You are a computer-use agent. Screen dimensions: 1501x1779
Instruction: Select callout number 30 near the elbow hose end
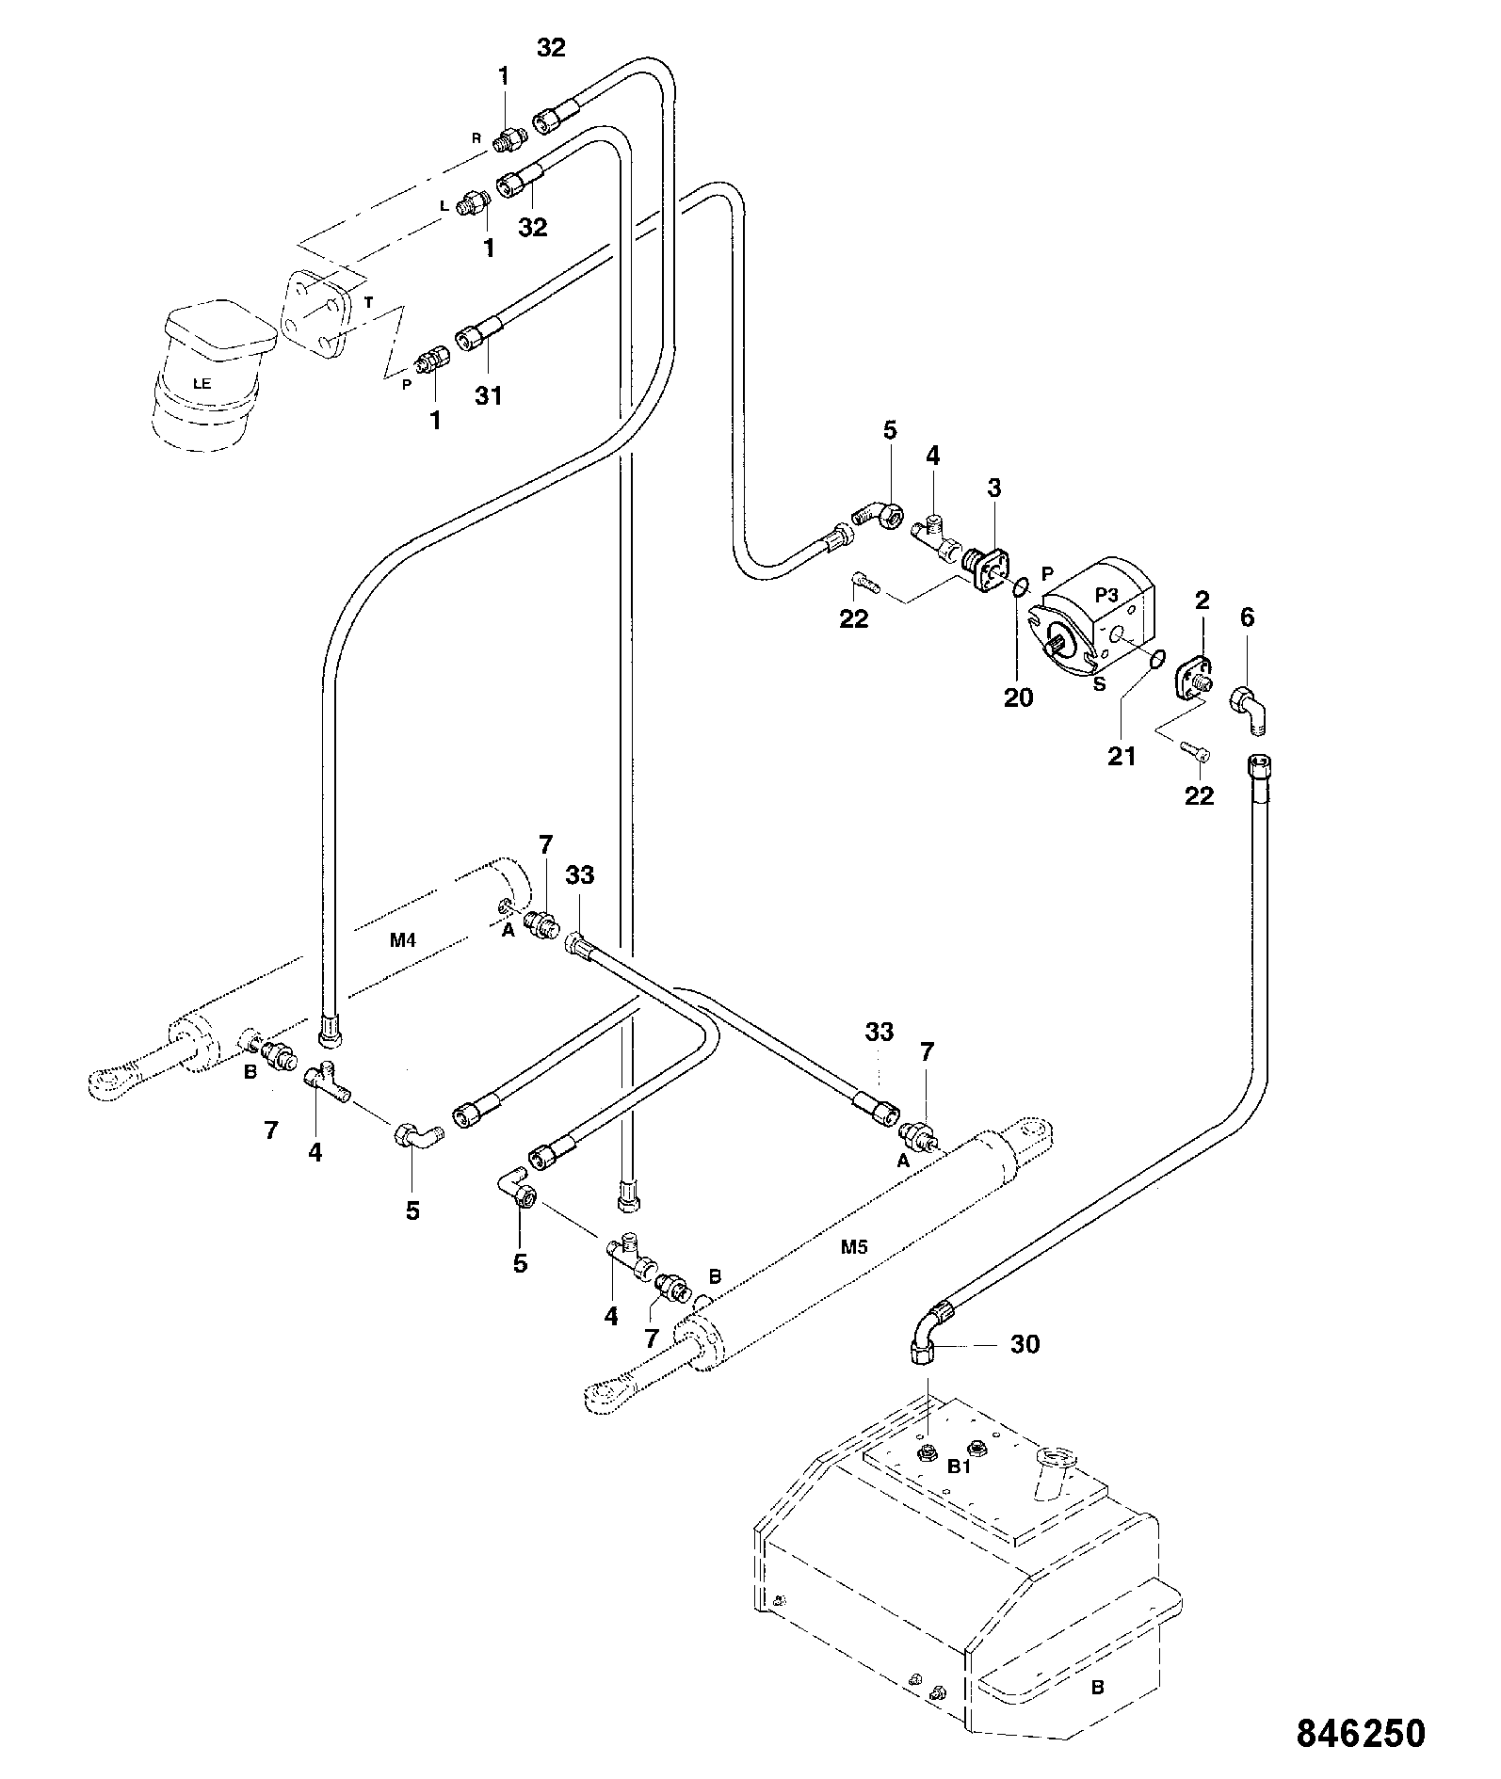pos(1025,1344)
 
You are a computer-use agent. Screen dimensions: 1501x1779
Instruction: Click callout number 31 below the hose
pos(488,396)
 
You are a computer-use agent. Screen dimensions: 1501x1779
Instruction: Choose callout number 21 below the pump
pos(1122,756)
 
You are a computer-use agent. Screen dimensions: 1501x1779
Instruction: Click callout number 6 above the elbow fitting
pos(1247,617)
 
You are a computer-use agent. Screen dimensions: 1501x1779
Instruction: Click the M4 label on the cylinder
pos(403,940)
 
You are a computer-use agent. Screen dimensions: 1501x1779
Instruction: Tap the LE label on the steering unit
pos(201,384)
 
